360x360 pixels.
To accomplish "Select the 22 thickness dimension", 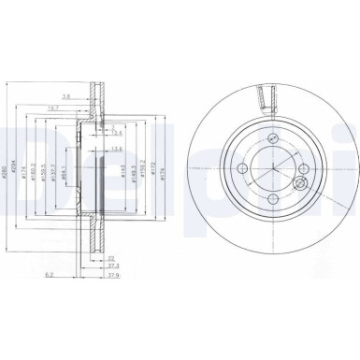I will click(x=110, y=257).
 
